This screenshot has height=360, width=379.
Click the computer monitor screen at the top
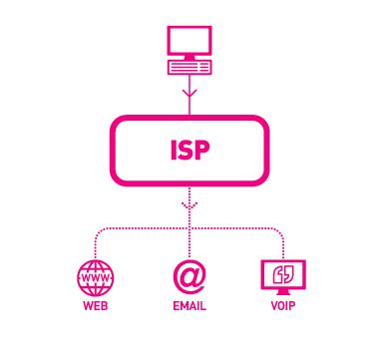(x=189, y=42)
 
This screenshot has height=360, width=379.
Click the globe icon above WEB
(x=96, y=275)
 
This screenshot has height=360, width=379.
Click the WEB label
(x=96, y=306)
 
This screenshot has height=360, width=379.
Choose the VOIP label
(x=282, y=306)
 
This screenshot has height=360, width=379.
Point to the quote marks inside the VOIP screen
(x=282, y=271)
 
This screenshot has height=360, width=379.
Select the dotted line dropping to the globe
(x=96, y=244)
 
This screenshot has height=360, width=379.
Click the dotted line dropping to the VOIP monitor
(x=283, y=244)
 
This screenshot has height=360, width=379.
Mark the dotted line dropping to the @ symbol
(x=189, y=244)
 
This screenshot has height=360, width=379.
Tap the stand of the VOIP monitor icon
(x=282, y=289)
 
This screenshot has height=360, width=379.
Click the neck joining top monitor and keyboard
(x=189, y=59)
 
